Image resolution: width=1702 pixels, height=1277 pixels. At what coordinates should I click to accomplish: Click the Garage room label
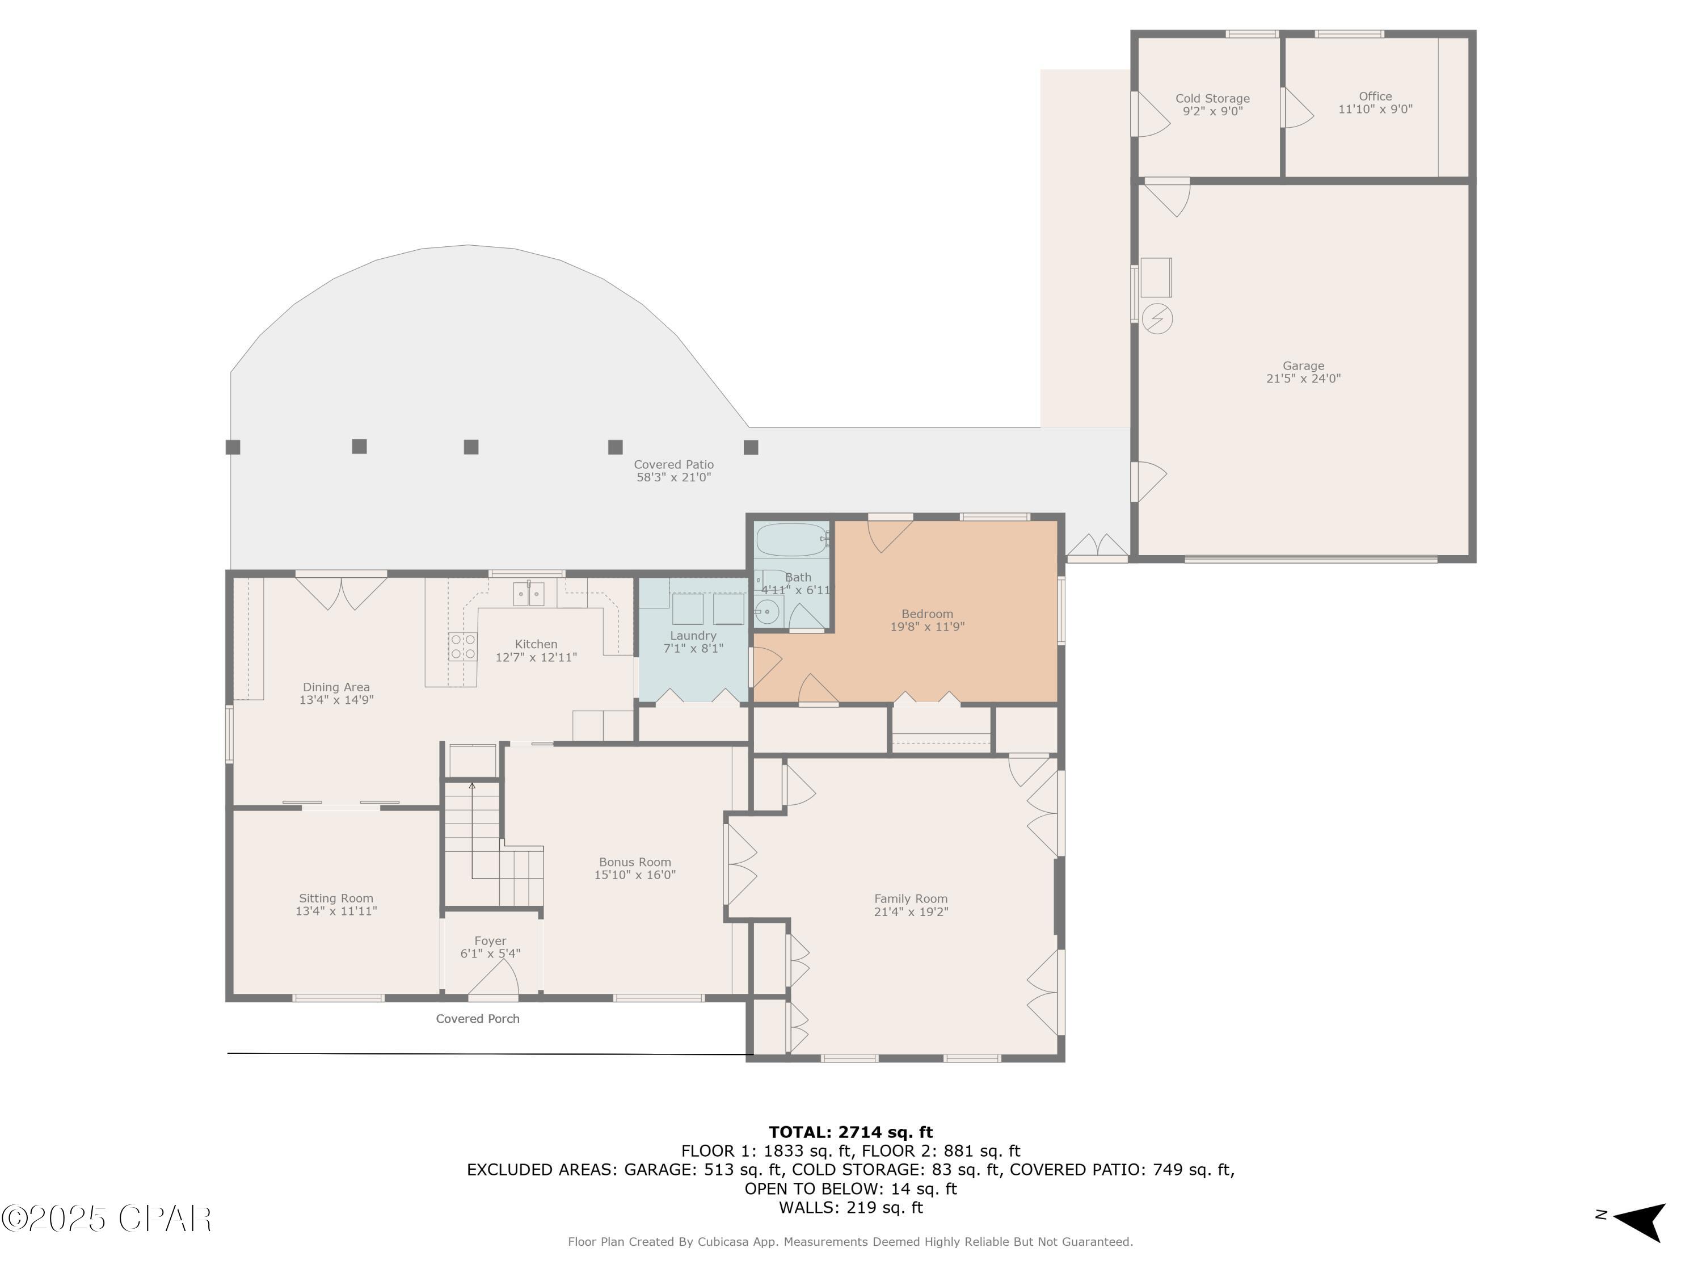(x=1303, y=366)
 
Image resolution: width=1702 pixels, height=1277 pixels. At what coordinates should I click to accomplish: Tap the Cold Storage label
(x=1212, y=99)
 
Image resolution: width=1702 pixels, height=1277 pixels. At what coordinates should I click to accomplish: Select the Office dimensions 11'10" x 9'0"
(x=1375, y=110)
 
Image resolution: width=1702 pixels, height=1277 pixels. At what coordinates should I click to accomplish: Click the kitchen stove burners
(x=462, y=646)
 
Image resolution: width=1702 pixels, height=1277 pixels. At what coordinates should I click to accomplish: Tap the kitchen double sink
(x=529, y=594)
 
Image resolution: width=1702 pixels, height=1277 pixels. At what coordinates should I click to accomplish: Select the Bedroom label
(x=926, y=614)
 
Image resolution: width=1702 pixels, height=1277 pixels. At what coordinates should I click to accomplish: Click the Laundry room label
(x=693, y=635)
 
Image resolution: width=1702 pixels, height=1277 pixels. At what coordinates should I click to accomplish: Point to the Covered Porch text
(x=477, y=1018)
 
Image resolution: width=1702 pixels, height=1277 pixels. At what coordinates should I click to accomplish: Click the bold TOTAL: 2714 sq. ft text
(x=850, y=1132)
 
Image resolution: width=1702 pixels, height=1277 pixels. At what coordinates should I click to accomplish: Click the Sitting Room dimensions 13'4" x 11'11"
(x=336, y=910)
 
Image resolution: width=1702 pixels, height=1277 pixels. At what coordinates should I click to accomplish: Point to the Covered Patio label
(x=673, y=464)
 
